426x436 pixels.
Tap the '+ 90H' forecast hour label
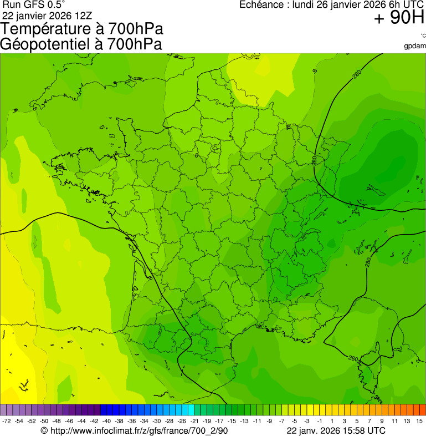pyautogui.click(x=399, y=18)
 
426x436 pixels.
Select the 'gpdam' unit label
pyautogui.click(x=415, y=46)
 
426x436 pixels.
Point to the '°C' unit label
pyautogui.click(x=422, y=36)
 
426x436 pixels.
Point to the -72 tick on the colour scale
pyautogui.click(x=7, y=421)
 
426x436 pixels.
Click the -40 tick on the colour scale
pyautogui.click(x=105, y=421)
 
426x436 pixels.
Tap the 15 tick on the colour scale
pyautogui.click(x=420, y=421)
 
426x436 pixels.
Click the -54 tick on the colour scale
pyautogui.click(x=19, y=421)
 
